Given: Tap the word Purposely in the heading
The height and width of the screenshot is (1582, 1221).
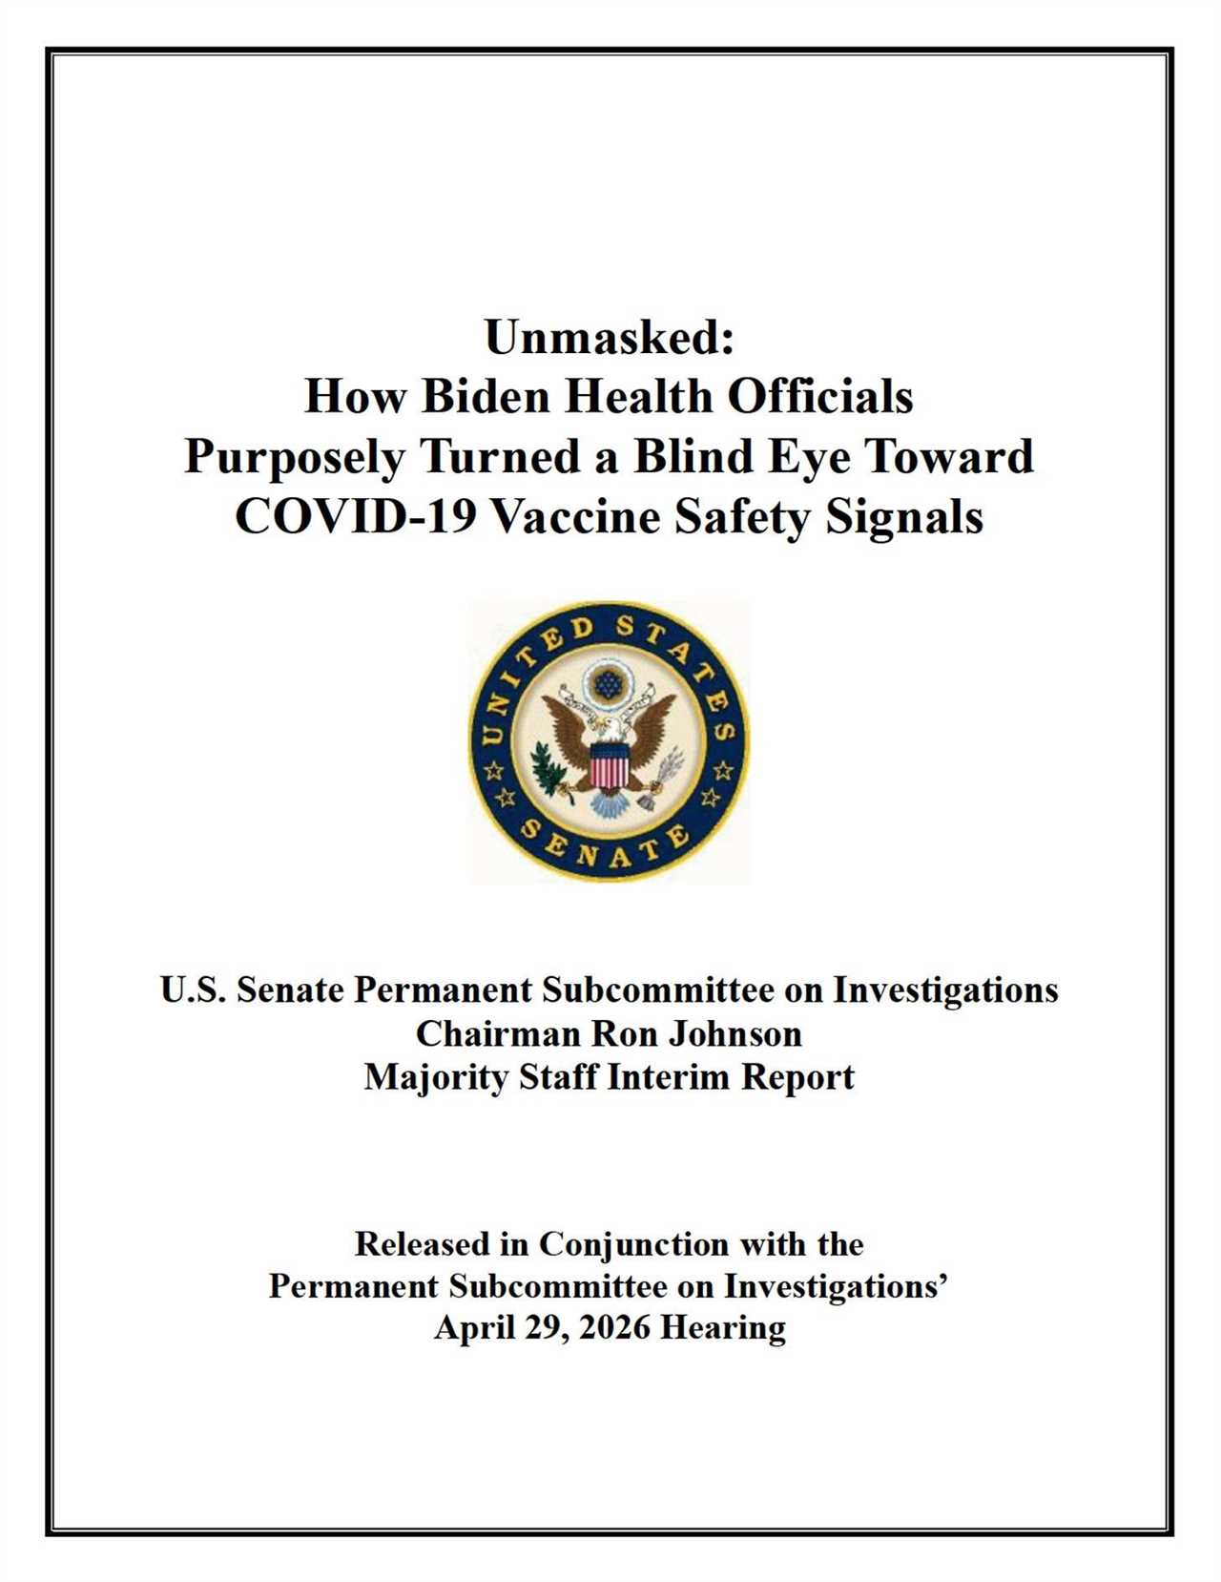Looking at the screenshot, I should (x=295, y=457).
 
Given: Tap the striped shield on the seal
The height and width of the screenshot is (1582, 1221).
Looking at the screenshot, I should (x=609, y=766).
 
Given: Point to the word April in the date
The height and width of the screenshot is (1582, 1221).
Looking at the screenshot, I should (x=474, y=1327).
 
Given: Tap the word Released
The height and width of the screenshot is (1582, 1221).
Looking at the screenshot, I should (x=423, y=1244).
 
